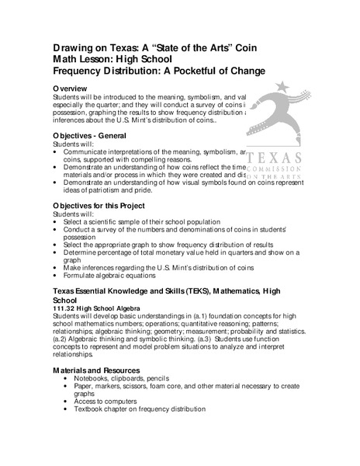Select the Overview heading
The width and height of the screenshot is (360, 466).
click(74, 89)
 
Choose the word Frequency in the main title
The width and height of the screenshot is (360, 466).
click(85, 71)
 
